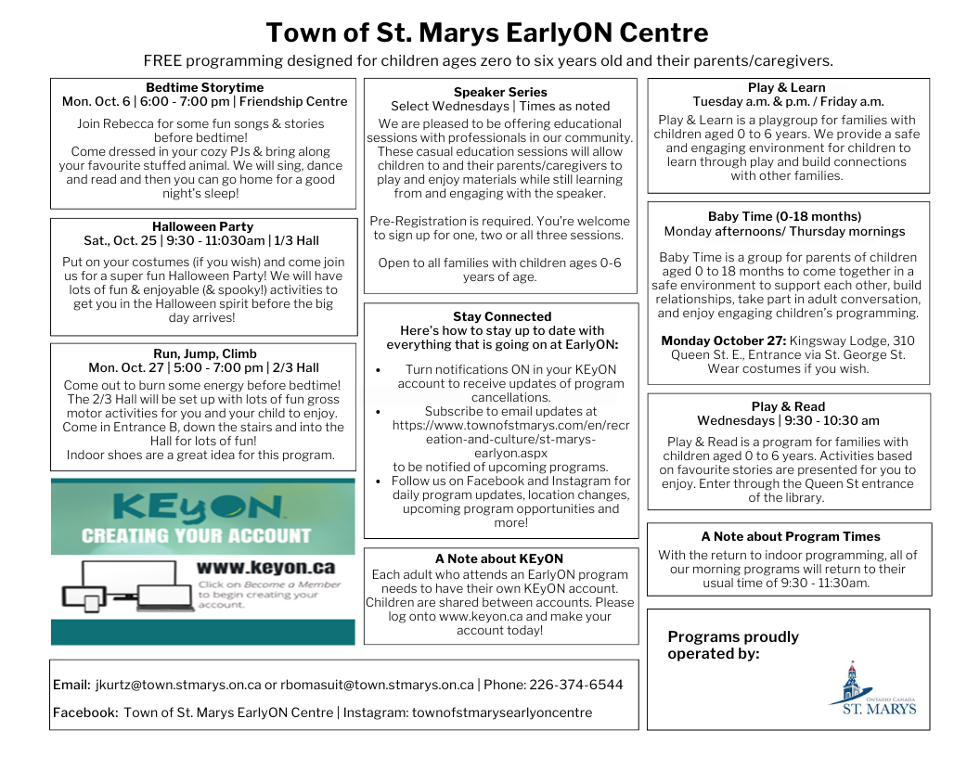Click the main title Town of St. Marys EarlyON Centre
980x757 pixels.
(487, 33)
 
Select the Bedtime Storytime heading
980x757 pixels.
(204, 88)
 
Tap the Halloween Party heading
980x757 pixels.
(202, 226)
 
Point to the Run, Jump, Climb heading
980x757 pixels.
(204, 353)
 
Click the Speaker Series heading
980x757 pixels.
(500, 92)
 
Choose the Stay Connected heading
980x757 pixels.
(502, 316)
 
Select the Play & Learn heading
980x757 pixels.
(787, 88)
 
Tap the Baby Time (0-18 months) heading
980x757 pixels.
(784, 217)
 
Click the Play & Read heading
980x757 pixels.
(788, 406)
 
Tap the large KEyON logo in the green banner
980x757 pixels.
(199, 507)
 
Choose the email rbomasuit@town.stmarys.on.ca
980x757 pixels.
(376, 685)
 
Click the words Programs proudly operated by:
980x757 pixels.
(733, 645)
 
